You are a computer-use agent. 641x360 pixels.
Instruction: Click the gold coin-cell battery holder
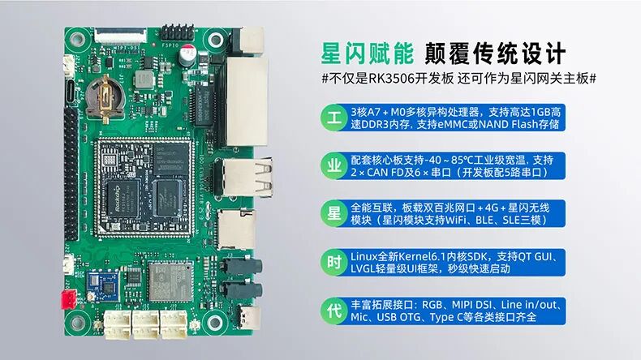pos(105,98)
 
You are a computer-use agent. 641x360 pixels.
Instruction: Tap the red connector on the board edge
pos(68,299)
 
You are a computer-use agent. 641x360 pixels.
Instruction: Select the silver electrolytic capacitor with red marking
pos(187,56)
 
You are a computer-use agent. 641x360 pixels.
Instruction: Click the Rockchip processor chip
pos(121,198)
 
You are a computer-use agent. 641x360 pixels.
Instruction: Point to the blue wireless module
pos(103,286)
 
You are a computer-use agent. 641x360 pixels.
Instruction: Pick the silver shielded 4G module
pos(170,281)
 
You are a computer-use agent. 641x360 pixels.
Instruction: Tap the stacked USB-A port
pos(245,178)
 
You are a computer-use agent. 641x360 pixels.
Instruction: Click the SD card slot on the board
pos(236,229)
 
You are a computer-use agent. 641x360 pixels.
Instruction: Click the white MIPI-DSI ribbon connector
pos(120,36)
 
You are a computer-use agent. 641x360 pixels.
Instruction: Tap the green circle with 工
pos(334,118)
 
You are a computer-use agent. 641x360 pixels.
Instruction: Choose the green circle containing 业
pos(334,166)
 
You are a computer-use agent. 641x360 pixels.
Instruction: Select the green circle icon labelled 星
pos(334,214)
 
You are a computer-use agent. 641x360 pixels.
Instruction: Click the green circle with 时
pos(334,263)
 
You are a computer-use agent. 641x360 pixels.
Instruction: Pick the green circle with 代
pos(334,311)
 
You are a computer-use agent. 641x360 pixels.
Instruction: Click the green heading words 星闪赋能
pos(368,54)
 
